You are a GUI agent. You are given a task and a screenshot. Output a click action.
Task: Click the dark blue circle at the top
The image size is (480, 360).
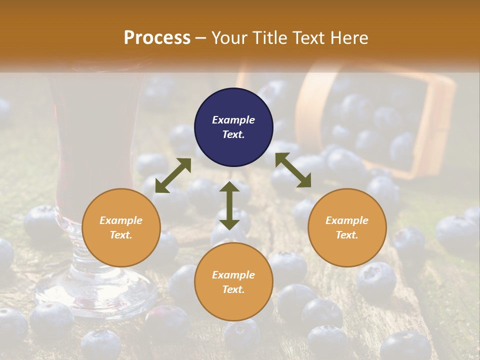233,127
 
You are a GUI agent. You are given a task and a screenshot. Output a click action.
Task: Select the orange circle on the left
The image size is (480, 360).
121,227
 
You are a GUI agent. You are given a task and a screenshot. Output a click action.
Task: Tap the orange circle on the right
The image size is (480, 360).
347,227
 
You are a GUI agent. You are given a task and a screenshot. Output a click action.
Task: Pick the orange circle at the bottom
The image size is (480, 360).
233,282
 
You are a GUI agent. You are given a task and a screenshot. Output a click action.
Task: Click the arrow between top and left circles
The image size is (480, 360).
173,175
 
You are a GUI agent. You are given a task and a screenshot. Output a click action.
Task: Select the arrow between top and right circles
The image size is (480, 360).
293,170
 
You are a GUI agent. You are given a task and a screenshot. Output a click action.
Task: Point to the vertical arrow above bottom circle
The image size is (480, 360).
229,205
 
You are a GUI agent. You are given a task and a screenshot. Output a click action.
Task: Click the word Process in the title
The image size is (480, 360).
157,38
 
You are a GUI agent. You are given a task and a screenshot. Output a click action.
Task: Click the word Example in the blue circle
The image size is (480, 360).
233,120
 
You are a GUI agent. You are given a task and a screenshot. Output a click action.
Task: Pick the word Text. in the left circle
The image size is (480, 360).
121,235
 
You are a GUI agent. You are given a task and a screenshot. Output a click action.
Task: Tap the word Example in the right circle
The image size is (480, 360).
347,220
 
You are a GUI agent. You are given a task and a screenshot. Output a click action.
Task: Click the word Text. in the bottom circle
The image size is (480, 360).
233,289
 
